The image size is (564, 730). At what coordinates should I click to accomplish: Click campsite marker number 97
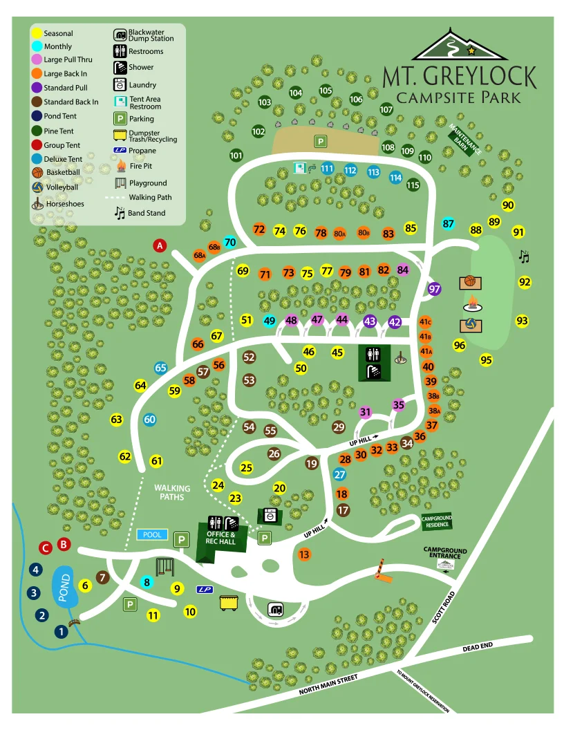click(434, 289)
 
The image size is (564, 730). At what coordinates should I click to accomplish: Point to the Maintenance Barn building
click(460, 139)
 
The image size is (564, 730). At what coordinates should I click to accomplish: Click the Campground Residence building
click(436, 521)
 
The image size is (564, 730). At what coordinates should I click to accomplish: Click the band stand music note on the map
click(524, 256)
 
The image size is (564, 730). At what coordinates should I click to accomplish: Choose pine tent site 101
click(236, 156)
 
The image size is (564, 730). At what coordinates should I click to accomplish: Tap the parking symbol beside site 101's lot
click(321, 142)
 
